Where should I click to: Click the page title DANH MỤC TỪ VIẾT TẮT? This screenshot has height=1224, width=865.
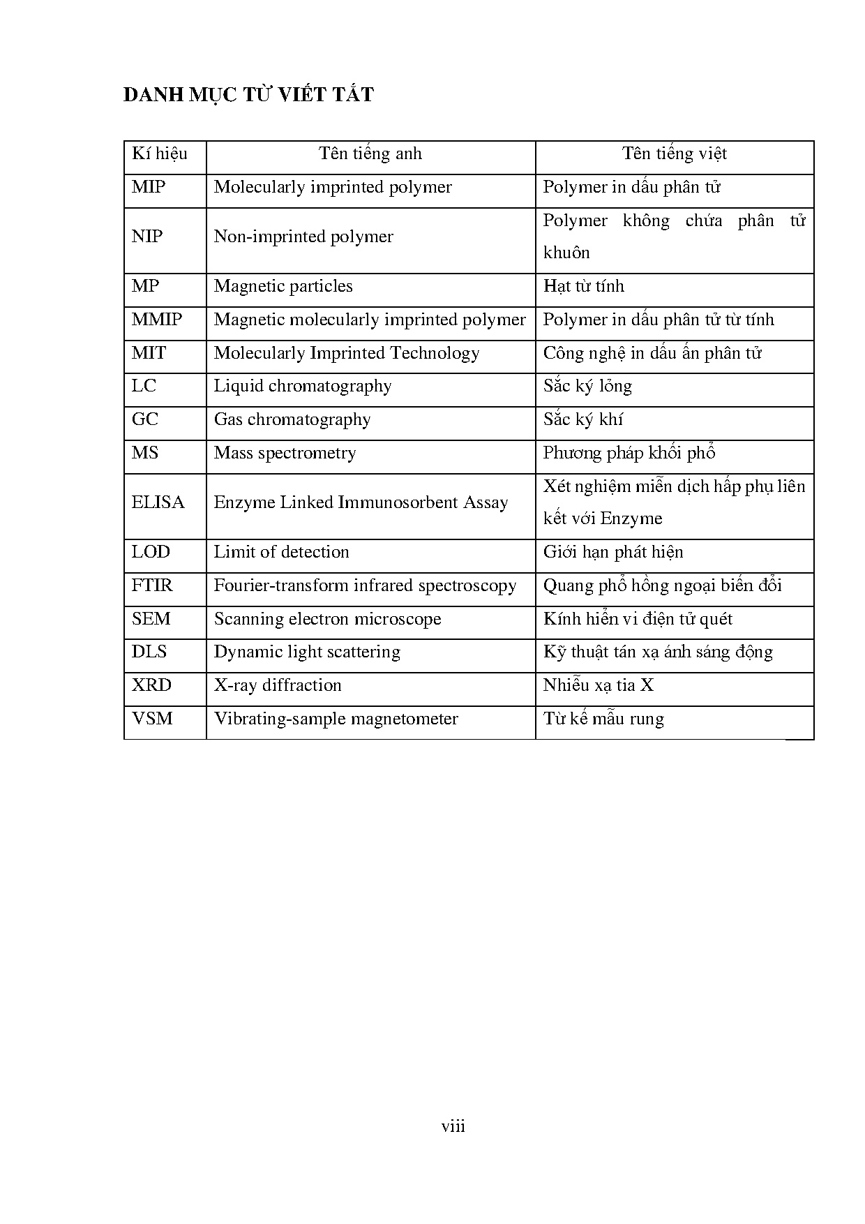(248, 94)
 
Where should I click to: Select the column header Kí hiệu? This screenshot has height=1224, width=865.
(160, 154)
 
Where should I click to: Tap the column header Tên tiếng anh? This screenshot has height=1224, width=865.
(370, 154)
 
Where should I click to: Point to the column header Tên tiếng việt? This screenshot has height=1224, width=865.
(675, 154)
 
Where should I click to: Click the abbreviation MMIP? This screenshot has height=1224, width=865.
(157, 320)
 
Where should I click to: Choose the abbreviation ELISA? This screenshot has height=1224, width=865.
(158, 502)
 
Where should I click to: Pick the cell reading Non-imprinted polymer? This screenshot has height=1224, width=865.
(303, 237)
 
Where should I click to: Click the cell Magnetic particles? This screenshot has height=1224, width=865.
(283, 286)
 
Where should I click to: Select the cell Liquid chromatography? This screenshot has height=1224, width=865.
(303, 386)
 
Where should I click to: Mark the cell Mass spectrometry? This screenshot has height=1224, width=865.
(285, 453)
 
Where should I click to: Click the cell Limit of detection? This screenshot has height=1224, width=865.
(281, 552)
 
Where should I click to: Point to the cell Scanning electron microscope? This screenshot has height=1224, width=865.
(327, 619)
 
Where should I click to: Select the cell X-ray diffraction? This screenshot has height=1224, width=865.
(278, 685)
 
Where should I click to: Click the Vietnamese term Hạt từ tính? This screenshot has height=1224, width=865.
(584, 286)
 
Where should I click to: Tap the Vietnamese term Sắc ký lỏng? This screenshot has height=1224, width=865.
(588, 386)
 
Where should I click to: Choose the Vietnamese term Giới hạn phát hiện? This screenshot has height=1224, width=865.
(613, 552)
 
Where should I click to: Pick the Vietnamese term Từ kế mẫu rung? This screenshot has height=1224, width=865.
(603, 719)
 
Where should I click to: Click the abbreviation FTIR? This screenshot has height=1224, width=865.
(152, 585)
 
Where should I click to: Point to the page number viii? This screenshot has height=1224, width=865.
(453, 1126)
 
